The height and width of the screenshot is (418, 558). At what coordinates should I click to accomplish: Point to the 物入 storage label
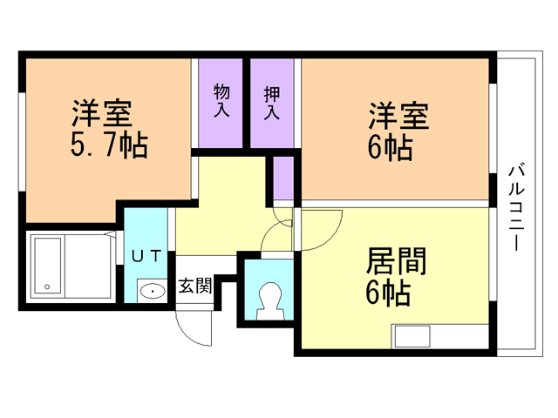pos(221,102)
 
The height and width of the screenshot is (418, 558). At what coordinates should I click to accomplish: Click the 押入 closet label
pos(272,102)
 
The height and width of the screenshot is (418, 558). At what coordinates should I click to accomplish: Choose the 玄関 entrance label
pos(194,287)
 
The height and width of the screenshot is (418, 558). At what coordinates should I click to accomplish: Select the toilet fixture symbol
pos(269,300)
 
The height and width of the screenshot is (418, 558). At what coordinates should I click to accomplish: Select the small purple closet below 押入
pos(283,179)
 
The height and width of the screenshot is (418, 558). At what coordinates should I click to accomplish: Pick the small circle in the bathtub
pos(46,285)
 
